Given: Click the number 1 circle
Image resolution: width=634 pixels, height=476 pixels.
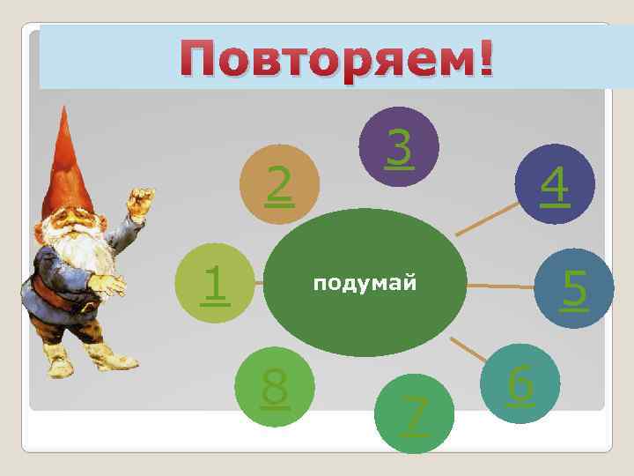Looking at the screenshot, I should [x=214, y=283].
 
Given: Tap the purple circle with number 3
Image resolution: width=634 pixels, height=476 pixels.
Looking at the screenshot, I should [x=400, y=146].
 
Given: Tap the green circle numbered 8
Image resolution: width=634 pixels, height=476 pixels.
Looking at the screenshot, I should [x=276, y=388].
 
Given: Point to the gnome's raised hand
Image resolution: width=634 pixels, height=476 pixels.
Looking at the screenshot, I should [x=139, y=200].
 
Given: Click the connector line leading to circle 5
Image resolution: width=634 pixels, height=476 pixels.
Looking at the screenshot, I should [x=503, y=286].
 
